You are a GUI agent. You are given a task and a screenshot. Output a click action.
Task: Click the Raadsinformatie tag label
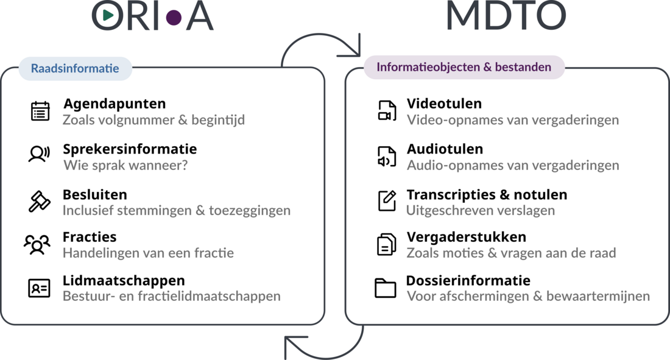[x=75, y=68]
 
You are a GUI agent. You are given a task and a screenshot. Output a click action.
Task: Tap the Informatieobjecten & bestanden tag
[x=464, y=67]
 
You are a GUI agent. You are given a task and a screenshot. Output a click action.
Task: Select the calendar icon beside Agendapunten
[x=40, y=111]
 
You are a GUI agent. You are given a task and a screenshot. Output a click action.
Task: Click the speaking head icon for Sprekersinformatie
[x=39, y=154]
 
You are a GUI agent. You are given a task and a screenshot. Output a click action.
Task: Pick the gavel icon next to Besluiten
[x=40, y=201]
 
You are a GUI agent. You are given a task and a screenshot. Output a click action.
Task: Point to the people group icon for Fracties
[x=37, y=244]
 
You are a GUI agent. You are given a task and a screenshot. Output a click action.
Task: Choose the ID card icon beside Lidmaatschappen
[x=40, y=288]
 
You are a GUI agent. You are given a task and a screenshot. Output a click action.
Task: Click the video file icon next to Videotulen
[x=387, y=111]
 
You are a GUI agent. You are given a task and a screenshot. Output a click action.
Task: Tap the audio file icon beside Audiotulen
[x=387, y=156]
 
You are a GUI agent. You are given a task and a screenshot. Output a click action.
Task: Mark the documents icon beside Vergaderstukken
[x=386, y=245]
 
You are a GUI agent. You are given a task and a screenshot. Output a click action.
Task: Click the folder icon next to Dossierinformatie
[x=386, y=288]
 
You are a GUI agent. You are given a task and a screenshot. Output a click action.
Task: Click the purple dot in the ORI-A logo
[x=174, y=17]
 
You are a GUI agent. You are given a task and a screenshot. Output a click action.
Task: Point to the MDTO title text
[x=506, y=16]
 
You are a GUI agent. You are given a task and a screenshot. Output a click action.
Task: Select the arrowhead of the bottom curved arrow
[x=291, y=348]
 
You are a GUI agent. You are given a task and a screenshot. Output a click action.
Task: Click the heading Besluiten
[x=95, y=195]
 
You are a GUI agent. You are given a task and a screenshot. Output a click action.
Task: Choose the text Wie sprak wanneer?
[x=125, y=165]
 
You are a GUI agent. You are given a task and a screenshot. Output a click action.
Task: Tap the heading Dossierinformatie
[x=468, y=281]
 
